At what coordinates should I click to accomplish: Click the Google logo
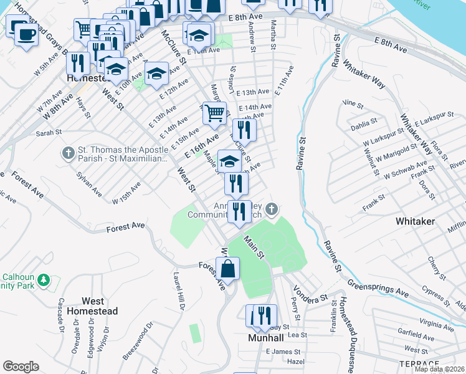(x=21, y=367)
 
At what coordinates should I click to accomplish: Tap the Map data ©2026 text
(x=439, y=369)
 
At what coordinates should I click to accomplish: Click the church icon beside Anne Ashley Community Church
(x=271, y=209)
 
